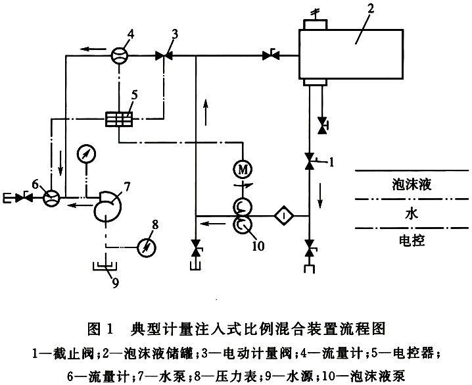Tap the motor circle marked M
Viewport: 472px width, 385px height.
point(242,169)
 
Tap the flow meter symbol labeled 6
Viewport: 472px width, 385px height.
point(50,197)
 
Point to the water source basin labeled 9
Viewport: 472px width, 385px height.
point(103,268)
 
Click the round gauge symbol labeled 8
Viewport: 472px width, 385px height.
point(146,248)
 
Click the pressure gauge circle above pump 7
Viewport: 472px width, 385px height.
point(85,155)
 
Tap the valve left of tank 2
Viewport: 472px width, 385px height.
point(270,57)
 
